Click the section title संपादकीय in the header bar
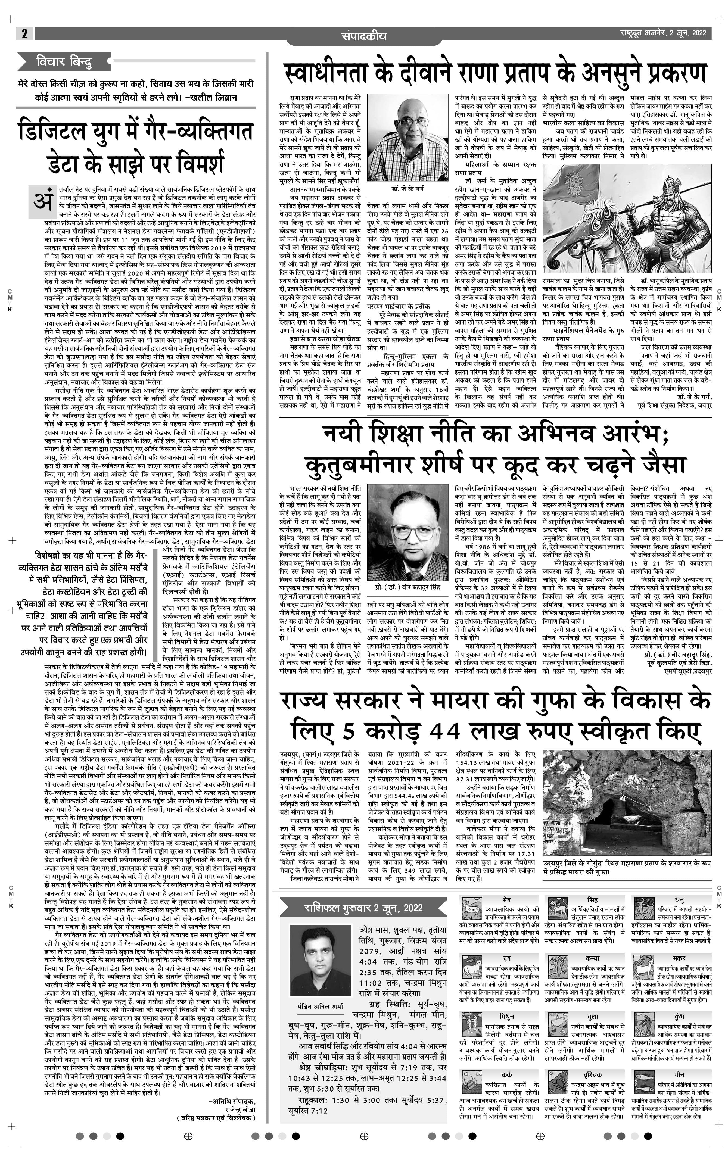click(x=364, y=36)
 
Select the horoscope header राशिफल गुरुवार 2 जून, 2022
click(x=363, y=907)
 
